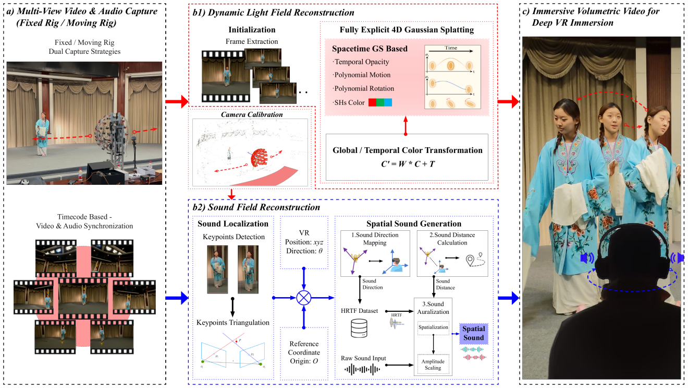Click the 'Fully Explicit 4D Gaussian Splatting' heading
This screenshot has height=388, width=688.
click(407, 30)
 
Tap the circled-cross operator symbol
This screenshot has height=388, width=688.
click(303, 298)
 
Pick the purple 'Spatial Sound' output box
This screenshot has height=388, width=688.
click(473, 333)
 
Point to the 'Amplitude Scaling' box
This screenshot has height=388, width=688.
click(433, 364)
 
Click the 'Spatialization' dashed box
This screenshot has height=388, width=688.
click(433, 327)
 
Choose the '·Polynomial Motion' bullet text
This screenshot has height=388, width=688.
click(363, 75)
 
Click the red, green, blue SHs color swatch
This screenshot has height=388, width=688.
click(380, 102)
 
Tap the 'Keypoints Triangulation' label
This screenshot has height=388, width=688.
click(233, 322)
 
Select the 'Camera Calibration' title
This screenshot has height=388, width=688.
click(252, 114)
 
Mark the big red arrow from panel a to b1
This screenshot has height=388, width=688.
click(177, 101)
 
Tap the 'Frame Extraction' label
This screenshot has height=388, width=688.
click(252, 41)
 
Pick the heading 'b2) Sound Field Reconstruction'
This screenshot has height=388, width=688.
click(256, 207)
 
